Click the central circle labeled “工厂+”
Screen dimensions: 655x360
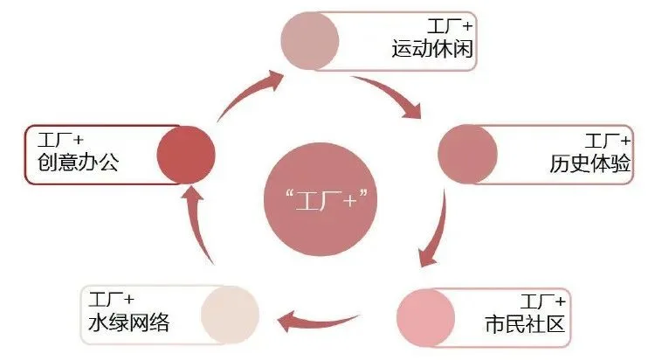[x=321, y=199]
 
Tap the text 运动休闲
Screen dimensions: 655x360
[x=432, y=49]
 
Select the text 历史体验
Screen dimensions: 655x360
[x=589, y=163]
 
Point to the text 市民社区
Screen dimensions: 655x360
[x=525, y=324]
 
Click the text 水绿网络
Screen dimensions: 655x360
[x=128, y=322]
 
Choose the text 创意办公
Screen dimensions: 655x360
[x=78, y=162]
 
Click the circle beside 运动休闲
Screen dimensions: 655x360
[x=309, y=40]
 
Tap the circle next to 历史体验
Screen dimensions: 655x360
[x=467, y=154]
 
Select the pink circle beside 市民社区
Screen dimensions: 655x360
[x=425, y=318]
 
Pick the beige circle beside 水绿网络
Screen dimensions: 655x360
[x=230, y=315]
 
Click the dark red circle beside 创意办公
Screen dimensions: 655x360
[x=186, y=156]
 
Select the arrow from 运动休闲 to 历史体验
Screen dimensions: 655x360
[x=390, y=92]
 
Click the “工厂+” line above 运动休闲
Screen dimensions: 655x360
[x=450, y=26]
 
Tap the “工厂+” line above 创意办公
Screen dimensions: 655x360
[x=60, y=140]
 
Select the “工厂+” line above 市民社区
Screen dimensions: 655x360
[x=542, y=301]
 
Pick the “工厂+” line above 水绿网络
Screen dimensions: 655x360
[x=111, y=300]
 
